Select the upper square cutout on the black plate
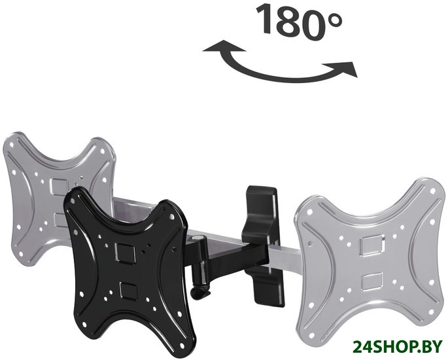(125, 252)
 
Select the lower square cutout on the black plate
(129, 290)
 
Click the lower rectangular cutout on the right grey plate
(372, 282)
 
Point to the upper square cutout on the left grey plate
(59, 187)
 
